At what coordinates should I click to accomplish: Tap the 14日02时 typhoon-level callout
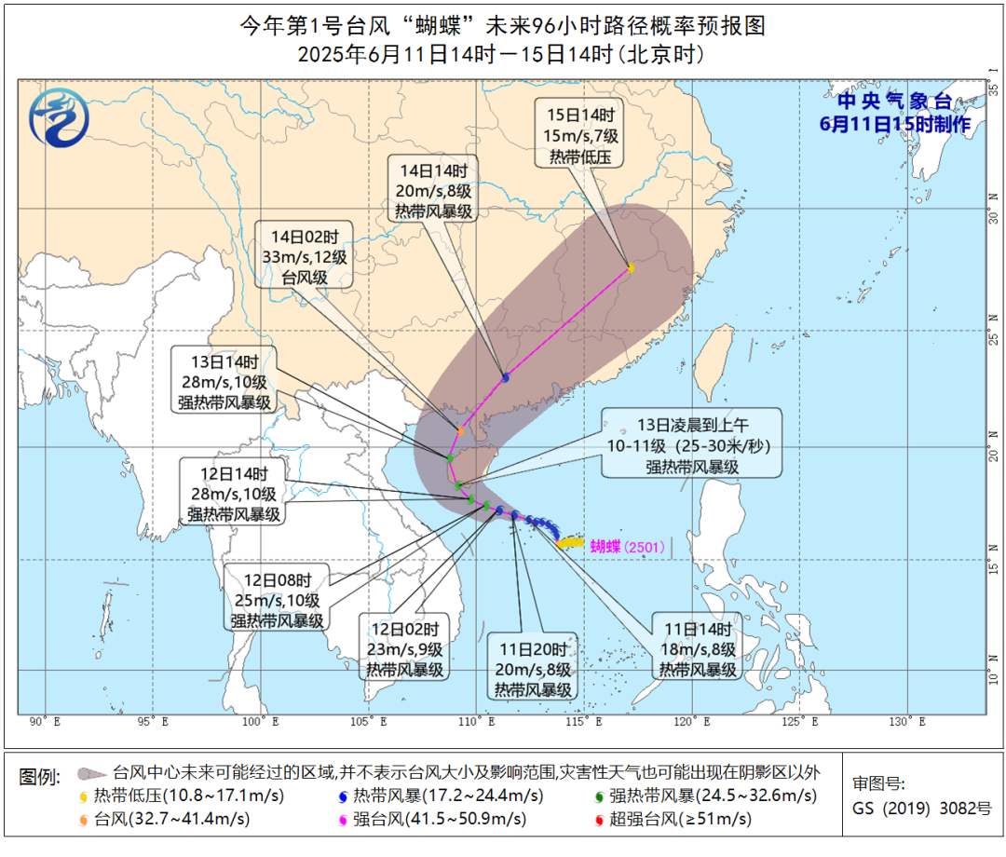click(305, 253)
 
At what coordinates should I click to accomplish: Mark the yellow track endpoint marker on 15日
click(631, 268)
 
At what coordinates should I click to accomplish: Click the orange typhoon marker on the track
click(461, 430)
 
